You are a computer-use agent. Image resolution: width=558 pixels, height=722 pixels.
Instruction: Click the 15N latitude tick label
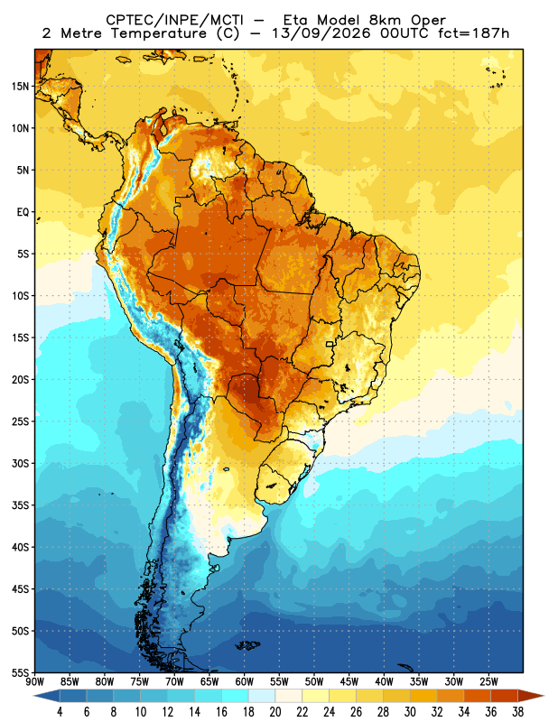click(20, 86)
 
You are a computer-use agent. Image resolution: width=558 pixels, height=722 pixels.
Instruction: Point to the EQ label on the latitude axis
click(23, 212)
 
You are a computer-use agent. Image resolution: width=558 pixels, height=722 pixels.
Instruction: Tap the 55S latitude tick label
click(20, 672)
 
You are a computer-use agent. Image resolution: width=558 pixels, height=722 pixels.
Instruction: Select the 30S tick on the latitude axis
click(20, 463)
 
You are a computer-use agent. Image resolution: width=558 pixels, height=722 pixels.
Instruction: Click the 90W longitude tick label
click(35, 682)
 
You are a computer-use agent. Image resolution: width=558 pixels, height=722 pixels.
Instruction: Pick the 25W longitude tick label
click(488, 682)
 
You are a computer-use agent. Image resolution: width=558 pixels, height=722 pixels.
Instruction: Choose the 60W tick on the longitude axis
click(244, 682)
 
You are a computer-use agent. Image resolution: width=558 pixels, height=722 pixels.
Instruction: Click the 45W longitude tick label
click(349, 682)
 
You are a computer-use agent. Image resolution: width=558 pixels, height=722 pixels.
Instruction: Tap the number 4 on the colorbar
click(60, 712)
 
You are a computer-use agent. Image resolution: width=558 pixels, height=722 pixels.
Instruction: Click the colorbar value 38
click(517, 712)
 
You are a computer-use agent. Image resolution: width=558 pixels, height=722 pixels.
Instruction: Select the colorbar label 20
click(275, 712)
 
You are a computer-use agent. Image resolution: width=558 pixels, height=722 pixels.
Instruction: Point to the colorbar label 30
click(410, 712)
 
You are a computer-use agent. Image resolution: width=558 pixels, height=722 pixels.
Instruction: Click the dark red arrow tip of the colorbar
click(544, 696)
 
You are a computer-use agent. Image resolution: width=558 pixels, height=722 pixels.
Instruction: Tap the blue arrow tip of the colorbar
click(34, 696)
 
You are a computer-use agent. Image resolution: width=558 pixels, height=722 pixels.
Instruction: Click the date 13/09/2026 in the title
click(321, 33)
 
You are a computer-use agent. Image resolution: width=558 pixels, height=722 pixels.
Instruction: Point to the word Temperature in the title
click(159, 33)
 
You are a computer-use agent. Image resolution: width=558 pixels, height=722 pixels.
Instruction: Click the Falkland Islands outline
click(247, 645)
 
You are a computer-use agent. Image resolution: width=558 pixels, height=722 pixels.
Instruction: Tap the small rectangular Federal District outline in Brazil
click(330, 344)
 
